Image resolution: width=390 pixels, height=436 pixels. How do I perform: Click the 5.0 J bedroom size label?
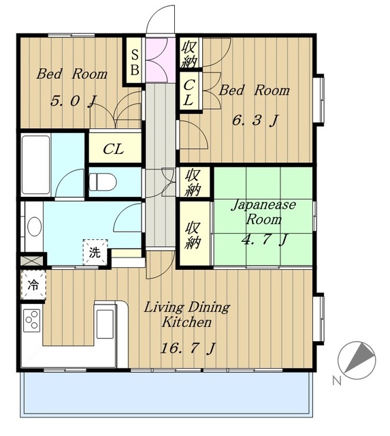pyautogui.click(x=74, y=101)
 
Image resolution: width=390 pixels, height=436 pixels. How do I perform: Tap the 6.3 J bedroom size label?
pyautogui.click(x=255, y=121)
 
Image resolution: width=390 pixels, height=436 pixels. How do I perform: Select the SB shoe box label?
pyautogui.click(x=135, y=62)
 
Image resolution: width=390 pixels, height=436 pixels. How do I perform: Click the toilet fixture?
pyautogui.click(x=102, y=182)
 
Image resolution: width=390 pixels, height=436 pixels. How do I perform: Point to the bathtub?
pyautogui.click(x=36, y=165)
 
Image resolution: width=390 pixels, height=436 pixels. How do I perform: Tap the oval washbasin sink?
pyautogui.click(x=35, y=226)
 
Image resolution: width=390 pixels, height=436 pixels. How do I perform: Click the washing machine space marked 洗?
pyautogui.click(x=95, y=252)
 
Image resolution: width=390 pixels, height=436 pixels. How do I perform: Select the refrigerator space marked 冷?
pyautogui.click(x=33, y=285)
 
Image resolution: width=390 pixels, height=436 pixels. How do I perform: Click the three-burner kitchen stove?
pyautogui.click(x=32, y=320)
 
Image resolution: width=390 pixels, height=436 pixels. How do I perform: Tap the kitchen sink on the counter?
pyautogui.click(x=105, y=324)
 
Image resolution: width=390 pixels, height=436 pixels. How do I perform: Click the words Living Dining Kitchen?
pyautogui.click(x=186, y=315)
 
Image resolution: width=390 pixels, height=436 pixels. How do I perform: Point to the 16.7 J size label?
pyautogui.click(x=188, y=348)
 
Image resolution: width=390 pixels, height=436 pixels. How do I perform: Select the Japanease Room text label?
pyautogui.click(x=263, y=212)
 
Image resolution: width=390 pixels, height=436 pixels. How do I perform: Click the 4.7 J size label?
pyautogui.click(x=265, y=239)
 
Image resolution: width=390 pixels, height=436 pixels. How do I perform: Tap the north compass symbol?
pyautogui.click(x=357, y=360)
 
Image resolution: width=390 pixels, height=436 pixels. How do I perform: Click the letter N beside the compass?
pyautogui.click(x=337, y=380)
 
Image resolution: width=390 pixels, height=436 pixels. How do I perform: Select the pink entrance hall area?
pyautogui.click(x=161, y=60)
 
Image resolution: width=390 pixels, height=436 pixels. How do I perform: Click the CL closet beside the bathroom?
pyautogui.click(x=114, y=149)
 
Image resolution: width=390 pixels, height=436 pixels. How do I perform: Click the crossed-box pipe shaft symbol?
pyautogui.click(x=32, y=261)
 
